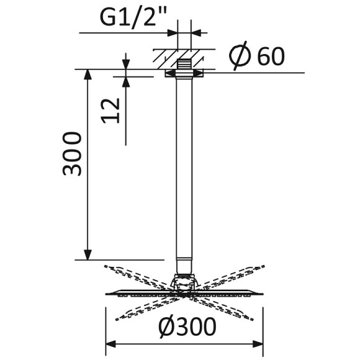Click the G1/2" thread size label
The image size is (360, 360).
pyautogui.click(x=133, y=18)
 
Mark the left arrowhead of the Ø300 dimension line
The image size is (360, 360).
pyautogui.click(x=111, y=343)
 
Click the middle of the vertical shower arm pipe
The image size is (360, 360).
pyautogui.click(x=183, y=168)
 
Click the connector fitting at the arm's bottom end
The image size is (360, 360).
pyautogui.click(x=183, y=264)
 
